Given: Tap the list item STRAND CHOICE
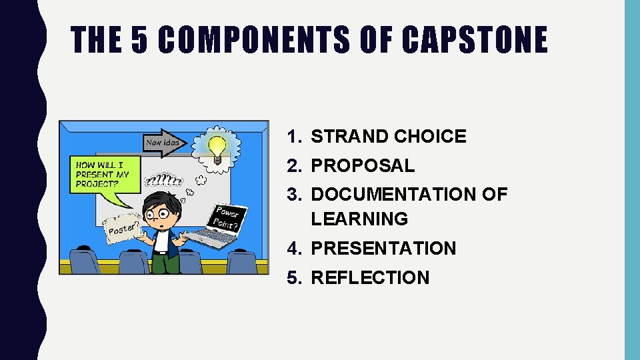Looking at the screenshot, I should coord(389,137).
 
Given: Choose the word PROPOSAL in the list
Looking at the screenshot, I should coord(363,165).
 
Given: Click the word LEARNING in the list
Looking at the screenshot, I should coord(359,219).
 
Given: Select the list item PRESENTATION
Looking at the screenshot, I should coord(383,249).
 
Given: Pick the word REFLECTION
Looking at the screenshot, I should coord(370,278).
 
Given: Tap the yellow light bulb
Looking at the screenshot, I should coord(216,148).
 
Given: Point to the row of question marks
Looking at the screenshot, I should coord(163,180).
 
